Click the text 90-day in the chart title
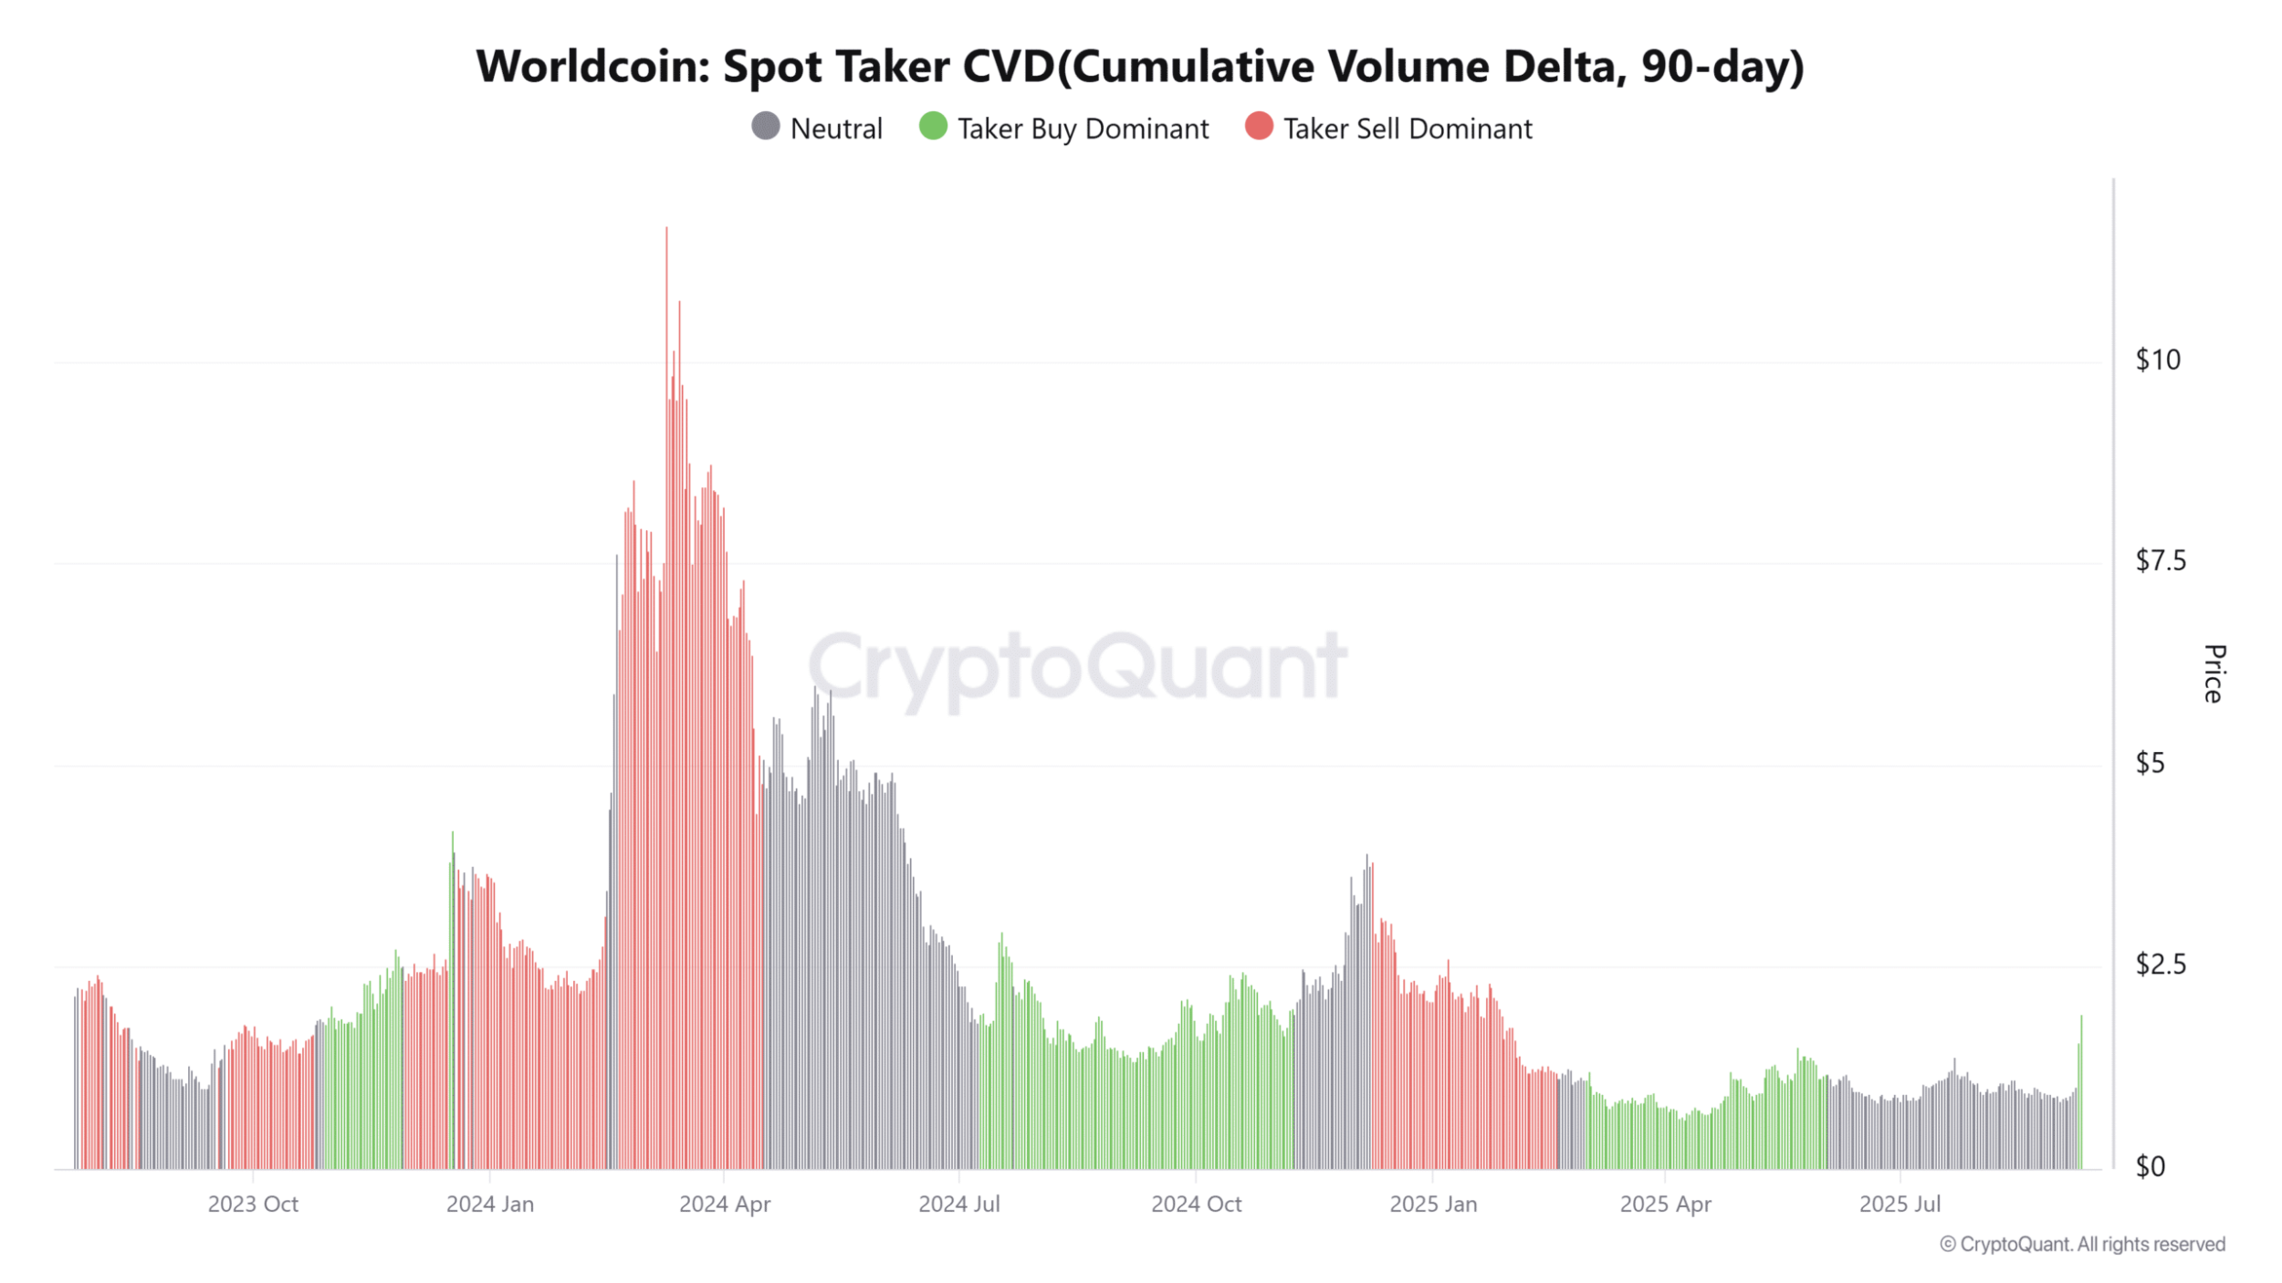click(x=1715, y=67)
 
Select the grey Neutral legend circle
click(x=766, y=126)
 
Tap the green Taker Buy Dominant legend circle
click(x=933, y=126)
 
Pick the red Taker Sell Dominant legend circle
click(x=1259, y=126)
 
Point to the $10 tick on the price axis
click(x=2158, y=360)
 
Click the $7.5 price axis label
click(x=2161, y=560)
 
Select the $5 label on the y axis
click(x=2150, y=763)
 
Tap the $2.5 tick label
click(x=2161, y=964)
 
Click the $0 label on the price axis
click(x=2150, y=1166)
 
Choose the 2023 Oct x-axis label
click(x=253, y=1205)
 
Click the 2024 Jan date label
click(x=490, y=1205)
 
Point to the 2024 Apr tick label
click(x=725, y=1205)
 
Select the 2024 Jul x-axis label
click(x=959, y=1205)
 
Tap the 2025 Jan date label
click(x=1433, y=1205)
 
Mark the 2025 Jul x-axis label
click(x=1900, y=1205)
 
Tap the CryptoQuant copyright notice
click(x=2082, y=1245)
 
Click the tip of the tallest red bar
click(x=666, y=228)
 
